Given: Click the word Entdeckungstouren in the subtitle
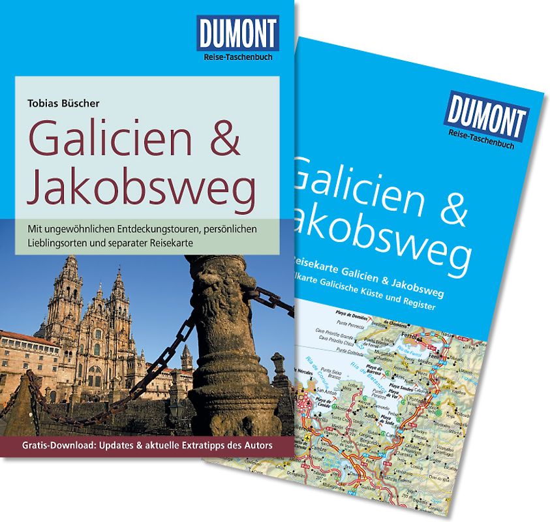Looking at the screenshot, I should pyautogui.click(x=151, y=230).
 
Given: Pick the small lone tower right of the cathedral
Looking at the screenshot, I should pyautogui.click(x=187, y=356).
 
